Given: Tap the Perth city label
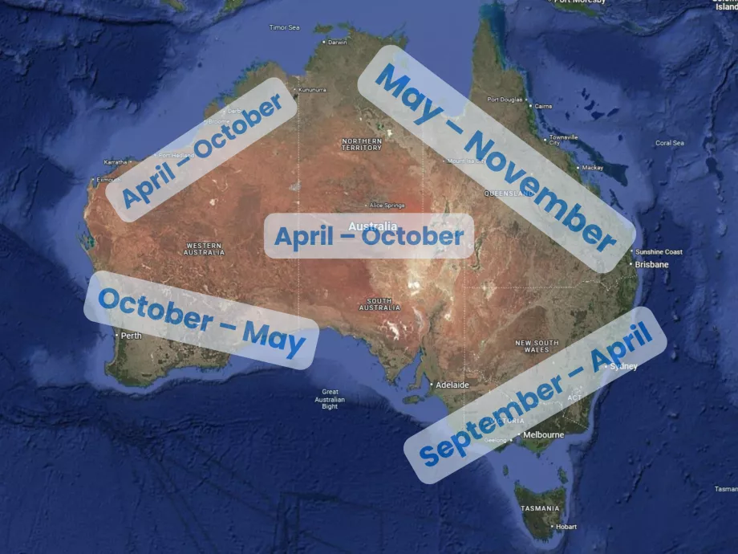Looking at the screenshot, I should click(x=130, y=336).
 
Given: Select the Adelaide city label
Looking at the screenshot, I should click(x=452, y=385).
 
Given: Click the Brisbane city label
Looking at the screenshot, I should click(x=651, y=264).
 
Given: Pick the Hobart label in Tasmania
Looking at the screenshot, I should click(x=566, y=527).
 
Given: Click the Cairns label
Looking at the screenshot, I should click(x=543, y=106).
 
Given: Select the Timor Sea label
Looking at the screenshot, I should click(x=284, y=27).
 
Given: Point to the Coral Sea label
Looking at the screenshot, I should click(x=670, y=143).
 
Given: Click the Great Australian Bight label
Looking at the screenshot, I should click(x=330, y=399).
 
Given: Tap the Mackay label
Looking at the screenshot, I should click(x=592, y=168).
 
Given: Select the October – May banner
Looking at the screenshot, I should click(x=201, y=320).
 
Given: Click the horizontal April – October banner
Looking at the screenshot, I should click(x=369, y=236).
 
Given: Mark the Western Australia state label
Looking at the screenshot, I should click(x=205, y=249).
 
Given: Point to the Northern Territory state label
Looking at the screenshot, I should click(x=362, y=145).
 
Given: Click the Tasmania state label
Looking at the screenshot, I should click(x=539, y=508).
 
